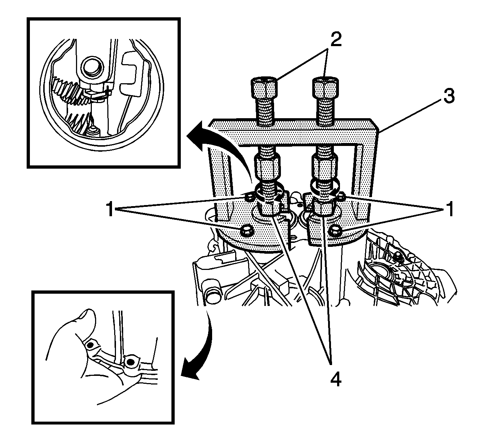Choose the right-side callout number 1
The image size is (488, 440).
(x=449, y=209)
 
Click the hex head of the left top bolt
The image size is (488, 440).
(x=264, y=86)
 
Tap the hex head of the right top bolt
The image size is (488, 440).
(x=325, y=86)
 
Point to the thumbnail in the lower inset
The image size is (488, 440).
(x=87, y=317)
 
